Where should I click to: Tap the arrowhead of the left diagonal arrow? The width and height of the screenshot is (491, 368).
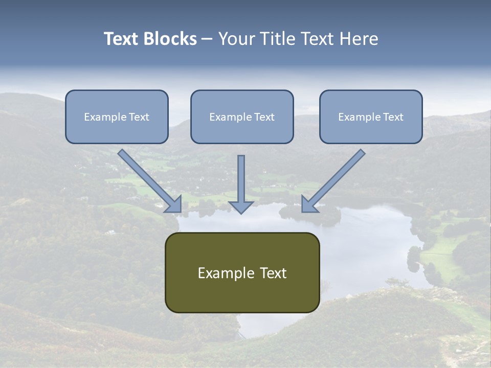point(174,204)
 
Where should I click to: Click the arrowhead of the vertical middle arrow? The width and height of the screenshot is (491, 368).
point(241,206)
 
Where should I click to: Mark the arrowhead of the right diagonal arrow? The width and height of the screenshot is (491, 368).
point(308,204)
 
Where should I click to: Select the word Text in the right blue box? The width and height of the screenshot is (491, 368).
point(393,117)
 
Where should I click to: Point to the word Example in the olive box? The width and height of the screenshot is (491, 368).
point(223,273)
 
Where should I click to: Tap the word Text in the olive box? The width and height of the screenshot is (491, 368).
point(274,273)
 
